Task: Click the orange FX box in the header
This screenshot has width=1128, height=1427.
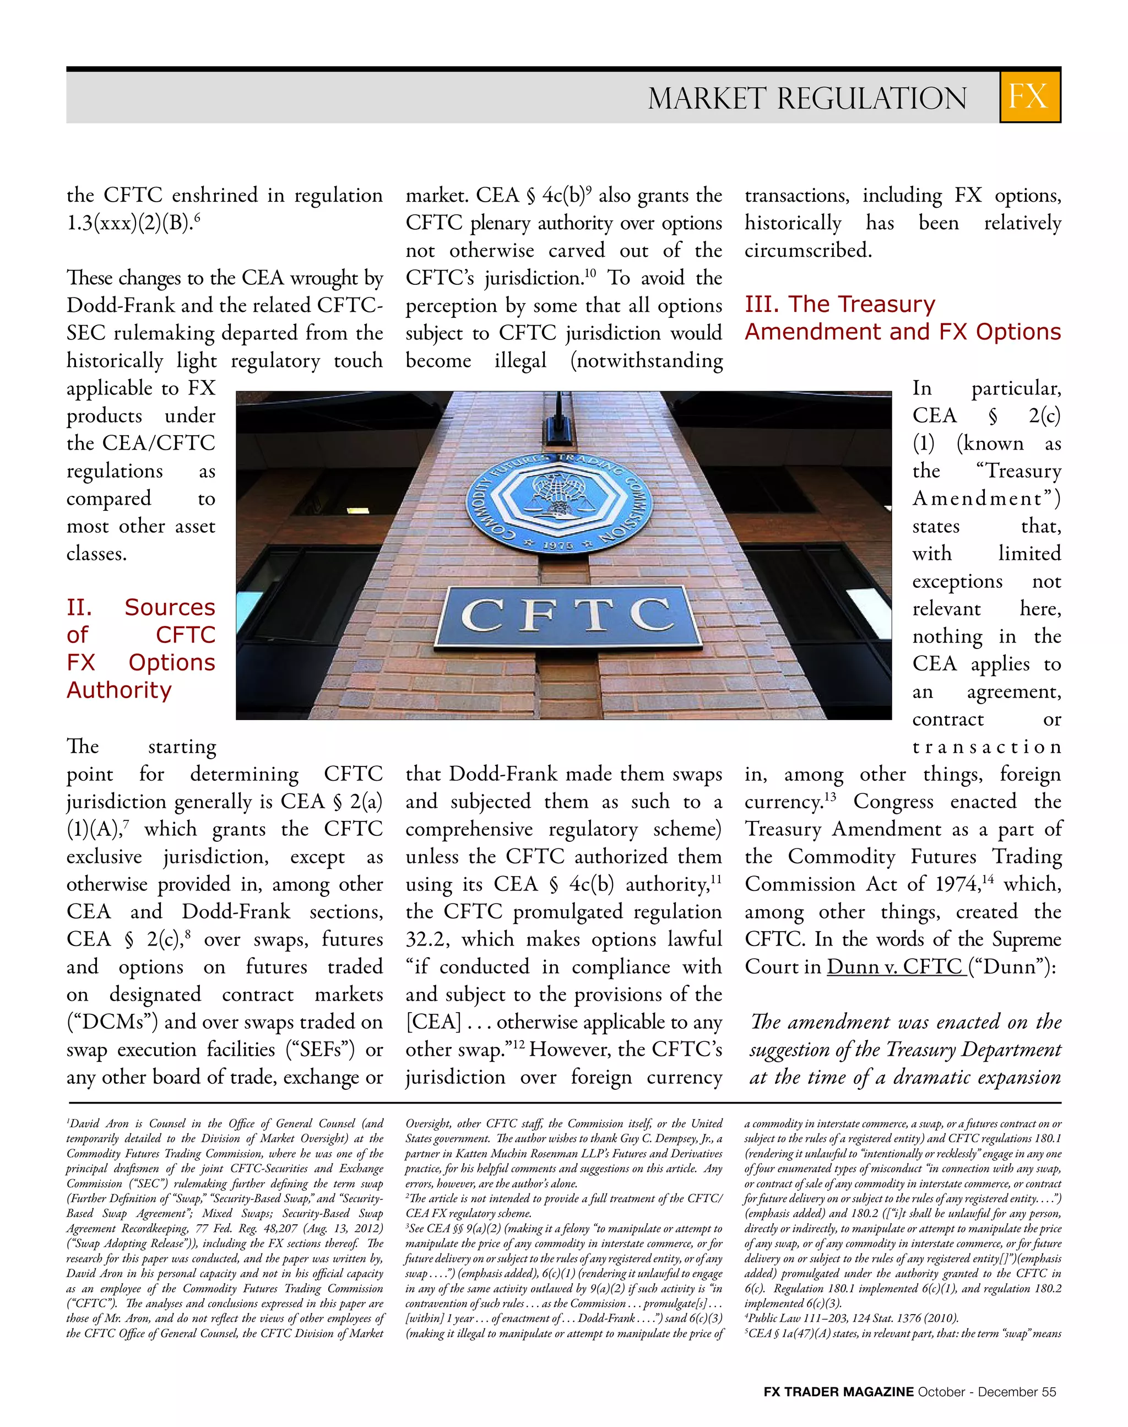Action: [x=1029, y=96]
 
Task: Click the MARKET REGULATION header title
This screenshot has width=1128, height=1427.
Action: [x=807, y=99]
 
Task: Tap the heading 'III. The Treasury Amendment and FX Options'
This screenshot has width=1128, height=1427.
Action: [x=902, y=318]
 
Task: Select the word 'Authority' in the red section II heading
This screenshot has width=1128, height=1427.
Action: [x=119, y=690]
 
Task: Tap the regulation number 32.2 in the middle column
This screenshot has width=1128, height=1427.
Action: [x=427, y=939]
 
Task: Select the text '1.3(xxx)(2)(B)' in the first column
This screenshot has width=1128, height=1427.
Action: [x=129, y=223]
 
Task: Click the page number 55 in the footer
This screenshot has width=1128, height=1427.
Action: [x=1049, y=1392]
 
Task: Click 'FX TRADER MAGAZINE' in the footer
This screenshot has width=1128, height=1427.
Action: [x=838, y=1392]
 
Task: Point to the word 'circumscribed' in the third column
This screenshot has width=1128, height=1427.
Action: [x=807, y=250]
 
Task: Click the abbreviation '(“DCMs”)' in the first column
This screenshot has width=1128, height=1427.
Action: [x=112, y=1022]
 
